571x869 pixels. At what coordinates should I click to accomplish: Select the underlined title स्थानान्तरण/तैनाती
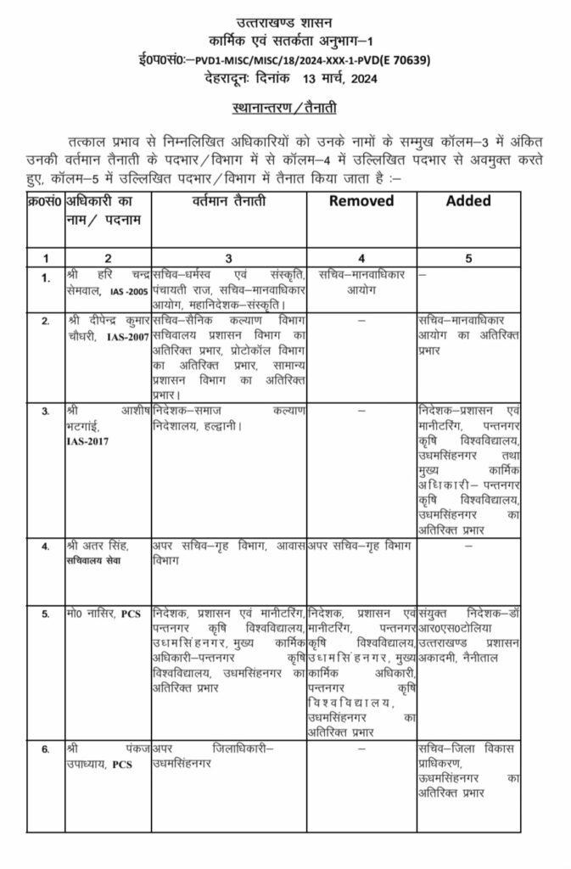coord(286,109)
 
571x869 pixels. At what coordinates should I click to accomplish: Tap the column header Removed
coord(361,201)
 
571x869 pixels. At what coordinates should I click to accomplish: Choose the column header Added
coord(469,201)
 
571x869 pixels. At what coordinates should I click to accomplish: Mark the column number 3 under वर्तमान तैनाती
coord(228,257)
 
